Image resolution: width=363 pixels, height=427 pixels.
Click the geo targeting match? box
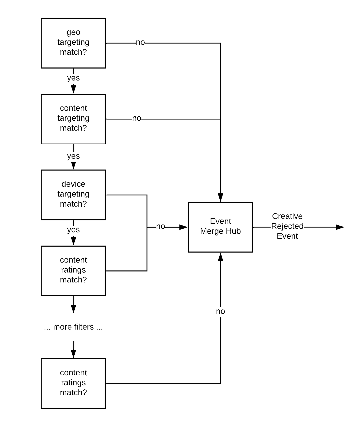click(73, 43)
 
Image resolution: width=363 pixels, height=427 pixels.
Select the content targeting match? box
click(73, 119)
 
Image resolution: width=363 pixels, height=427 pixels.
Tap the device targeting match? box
click(73, 195)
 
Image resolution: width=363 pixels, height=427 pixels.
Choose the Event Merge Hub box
click(220, 227)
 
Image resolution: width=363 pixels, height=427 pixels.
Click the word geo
click(73, 32)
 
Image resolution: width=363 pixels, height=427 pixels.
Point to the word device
click(73, 184)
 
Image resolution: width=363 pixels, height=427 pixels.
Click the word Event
click(220, 221)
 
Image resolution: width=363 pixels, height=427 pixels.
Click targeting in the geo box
click(73, 42)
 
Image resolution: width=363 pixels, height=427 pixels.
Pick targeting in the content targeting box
click(73, 118)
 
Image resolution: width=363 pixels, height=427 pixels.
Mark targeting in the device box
click(73, 194)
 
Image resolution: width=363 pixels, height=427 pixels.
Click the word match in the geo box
click(70, 52)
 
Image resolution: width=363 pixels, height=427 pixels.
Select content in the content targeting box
click(73, 108)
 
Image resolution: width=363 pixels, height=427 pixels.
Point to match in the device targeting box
click(70, 204)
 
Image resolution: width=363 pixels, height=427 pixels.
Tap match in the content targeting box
click(70, 128)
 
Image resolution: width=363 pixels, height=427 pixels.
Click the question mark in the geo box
click(84, 52)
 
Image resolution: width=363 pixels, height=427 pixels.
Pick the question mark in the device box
click(84, 204)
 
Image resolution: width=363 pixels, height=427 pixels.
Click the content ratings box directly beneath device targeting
click(73, 271)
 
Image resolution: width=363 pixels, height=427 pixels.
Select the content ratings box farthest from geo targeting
click(73, 383)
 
